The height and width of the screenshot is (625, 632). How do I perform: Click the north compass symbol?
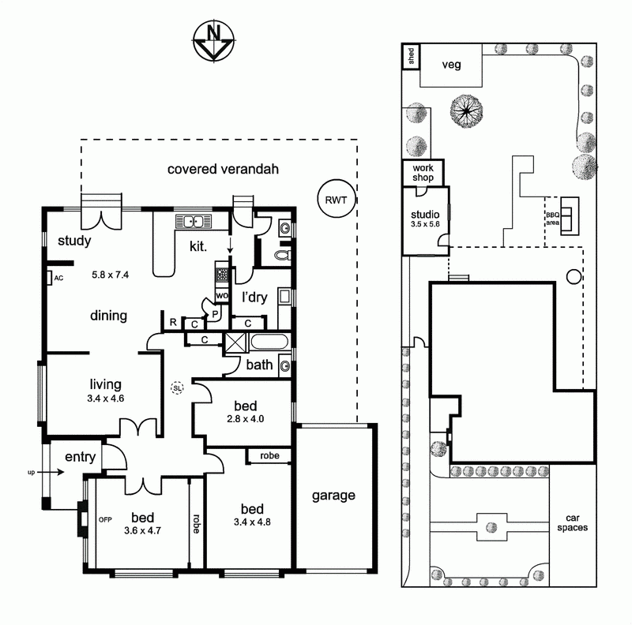point(213,41)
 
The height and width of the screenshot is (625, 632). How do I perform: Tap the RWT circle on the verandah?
point(337,199)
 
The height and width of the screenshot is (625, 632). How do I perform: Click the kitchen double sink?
point(194,222)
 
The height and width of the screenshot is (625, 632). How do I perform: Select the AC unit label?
point(58,278)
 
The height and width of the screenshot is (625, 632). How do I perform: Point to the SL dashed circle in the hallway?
point(177,388)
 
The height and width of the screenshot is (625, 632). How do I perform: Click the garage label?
point(333,496)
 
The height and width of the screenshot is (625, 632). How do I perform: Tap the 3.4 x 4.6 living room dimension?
point(106,399)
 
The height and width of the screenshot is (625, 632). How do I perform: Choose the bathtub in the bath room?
point(269,342)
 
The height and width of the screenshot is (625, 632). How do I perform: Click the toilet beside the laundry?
point(283,255)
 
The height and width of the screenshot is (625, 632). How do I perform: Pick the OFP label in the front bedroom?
point(105,520)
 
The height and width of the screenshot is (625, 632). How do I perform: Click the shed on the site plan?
point(411,56)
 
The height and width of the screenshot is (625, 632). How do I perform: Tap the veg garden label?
point(451,65)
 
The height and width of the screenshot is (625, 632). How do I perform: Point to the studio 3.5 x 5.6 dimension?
point(425,224)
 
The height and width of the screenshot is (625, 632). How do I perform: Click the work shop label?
point(423,173)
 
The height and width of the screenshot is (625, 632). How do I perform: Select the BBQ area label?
point(552,219)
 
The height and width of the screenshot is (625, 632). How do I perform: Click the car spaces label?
point(572,523)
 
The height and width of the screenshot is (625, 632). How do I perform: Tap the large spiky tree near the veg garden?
point(466,110)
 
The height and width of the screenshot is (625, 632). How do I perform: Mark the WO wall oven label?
point(222,296)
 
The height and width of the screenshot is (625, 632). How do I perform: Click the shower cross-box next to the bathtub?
point(235,342)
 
